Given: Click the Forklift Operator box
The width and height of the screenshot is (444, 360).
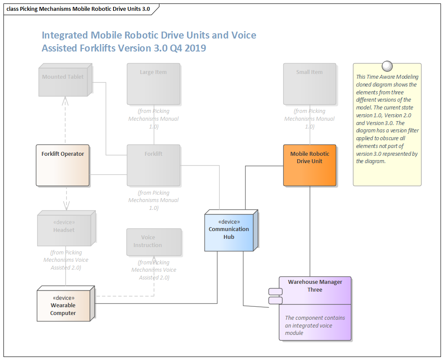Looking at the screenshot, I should click(x=62, y=165).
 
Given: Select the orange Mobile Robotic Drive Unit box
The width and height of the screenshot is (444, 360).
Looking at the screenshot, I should click(x=310, y=165).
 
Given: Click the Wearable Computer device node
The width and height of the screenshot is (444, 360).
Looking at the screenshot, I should click(x=63, y=305).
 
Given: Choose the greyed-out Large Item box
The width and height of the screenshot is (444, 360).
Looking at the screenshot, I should click(x=153, y=84).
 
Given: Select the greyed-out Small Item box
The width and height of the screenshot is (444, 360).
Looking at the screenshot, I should click(x=310, y=84).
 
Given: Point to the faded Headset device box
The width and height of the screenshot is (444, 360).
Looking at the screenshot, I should click(x=64, y=230).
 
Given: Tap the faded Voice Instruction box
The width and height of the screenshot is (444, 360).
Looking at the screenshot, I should click(x=154, y=242).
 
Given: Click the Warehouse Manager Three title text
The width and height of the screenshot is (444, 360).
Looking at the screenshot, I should click(x=315, y=286).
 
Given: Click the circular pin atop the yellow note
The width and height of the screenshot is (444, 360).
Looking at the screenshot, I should click(x=387, y=66).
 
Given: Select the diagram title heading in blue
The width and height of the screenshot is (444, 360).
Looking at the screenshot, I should click(x=149, y=42).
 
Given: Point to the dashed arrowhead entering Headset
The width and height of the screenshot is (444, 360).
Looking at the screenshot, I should click(x=66, y=205).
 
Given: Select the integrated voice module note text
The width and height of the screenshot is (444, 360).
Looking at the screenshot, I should click(x=315, y=325).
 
